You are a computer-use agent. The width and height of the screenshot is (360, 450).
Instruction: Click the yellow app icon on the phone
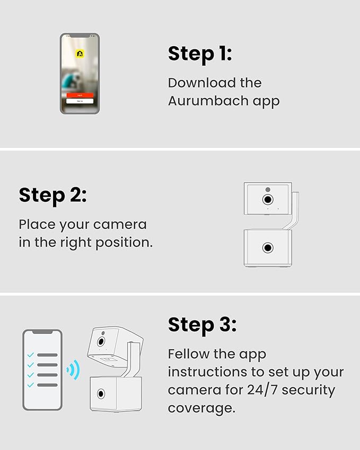pos(80,54)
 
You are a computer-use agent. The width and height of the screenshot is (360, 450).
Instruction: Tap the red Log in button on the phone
pos(80,95)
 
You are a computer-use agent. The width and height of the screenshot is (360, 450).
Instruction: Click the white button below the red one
pos(80,101)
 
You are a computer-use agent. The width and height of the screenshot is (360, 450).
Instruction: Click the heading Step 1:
pos(200,54)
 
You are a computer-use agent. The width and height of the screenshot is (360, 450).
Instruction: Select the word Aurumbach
pos(208,101)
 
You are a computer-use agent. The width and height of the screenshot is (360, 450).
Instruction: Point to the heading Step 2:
pos(53,196)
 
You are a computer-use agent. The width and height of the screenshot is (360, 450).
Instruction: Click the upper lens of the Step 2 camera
pos(268,199)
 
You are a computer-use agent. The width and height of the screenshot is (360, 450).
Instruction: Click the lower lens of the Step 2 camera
pos(268,248)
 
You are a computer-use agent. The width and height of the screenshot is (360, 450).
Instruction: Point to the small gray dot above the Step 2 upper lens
pos(268,189)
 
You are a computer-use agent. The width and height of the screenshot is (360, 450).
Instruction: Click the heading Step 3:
pos(203,325)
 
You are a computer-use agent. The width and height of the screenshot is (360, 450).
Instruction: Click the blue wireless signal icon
pos(73,369)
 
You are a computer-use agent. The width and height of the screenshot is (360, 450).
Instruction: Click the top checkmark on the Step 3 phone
pos(30,355)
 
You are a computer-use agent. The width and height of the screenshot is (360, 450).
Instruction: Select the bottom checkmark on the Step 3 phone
pos(30,385)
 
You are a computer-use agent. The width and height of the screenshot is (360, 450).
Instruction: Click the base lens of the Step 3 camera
pos(101,394)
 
